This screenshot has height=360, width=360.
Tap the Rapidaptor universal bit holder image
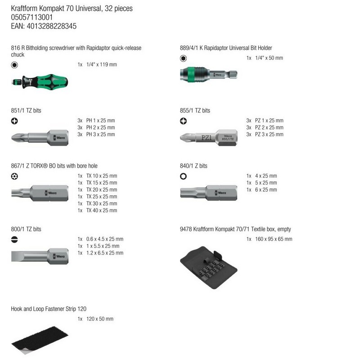point(204,74)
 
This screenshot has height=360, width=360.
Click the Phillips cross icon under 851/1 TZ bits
point(14,121)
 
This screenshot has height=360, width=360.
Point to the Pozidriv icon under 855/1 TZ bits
point(183,121)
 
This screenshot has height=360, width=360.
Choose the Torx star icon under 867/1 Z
point(14,176)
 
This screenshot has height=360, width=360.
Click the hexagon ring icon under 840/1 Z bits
point(183,176)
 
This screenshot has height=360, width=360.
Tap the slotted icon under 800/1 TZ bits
point(14,239)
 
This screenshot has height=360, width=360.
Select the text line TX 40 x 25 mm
point(101,211)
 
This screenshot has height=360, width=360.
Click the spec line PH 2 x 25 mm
point(100,127)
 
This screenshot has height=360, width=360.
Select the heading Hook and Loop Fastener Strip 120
point(49,309)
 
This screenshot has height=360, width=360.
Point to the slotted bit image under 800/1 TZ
point(38,257)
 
